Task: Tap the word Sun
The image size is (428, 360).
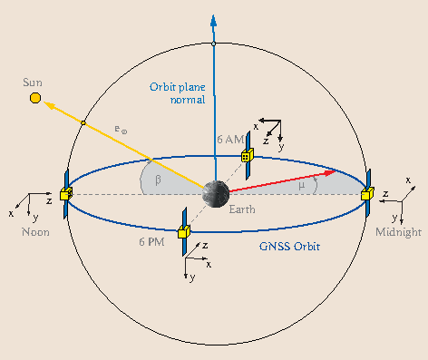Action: [32, 83]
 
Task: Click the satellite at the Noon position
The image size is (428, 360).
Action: [65, 193]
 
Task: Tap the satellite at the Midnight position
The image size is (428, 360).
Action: [366, 193]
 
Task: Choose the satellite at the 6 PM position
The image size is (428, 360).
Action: [182, 232]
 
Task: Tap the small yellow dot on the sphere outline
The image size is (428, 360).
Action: [83, 122]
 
